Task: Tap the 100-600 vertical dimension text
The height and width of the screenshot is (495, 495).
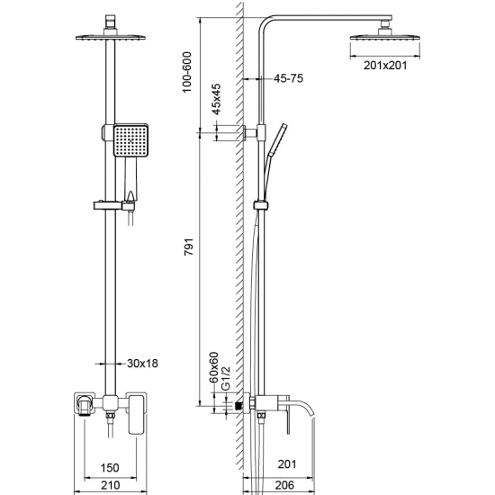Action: click(x=186, y=67)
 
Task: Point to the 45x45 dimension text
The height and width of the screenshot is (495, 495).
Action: click(x=216, y=100)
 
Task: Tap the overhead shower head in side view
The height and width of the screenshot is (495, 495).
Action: click(x=378, y=35)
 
